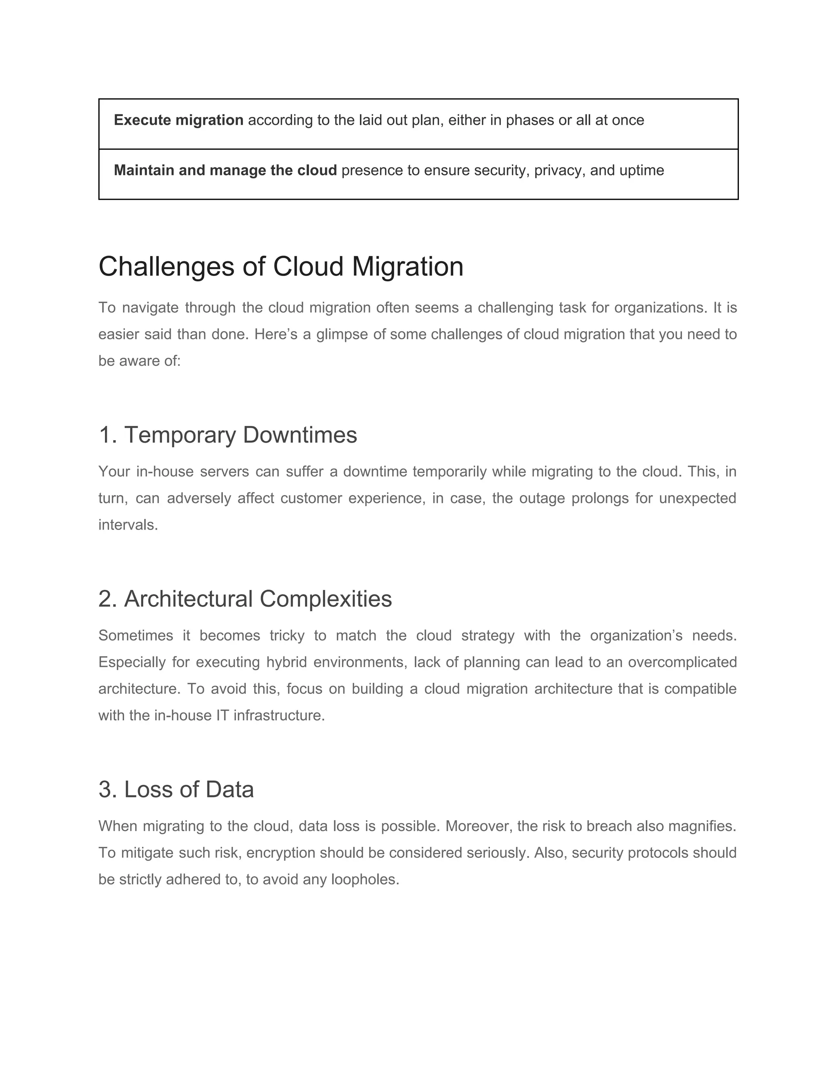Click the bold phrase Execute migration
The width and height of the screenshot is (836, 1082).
tap(178, 120)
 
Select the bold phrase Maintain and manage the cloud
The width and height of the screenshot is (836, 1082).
tap(225, 170)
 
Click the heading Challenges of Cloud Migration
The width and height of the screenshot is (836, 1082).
tap(281, 267)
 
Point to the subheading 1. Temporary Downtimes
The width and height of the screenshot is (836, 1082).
tap(228, 435)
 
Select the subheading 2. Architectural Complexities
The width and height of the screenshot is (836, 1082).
tap(245, 599)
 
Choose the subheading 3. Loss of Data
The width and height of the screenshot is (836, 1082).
tap(176, 789)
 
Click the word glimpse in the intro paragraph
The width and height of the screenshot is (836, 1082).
tap(342, 334)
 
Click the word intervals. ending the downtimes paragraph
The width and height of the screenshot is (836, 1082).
tap(128, 525)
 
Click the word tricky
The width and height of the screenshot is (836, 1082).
tap(287, 636)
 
